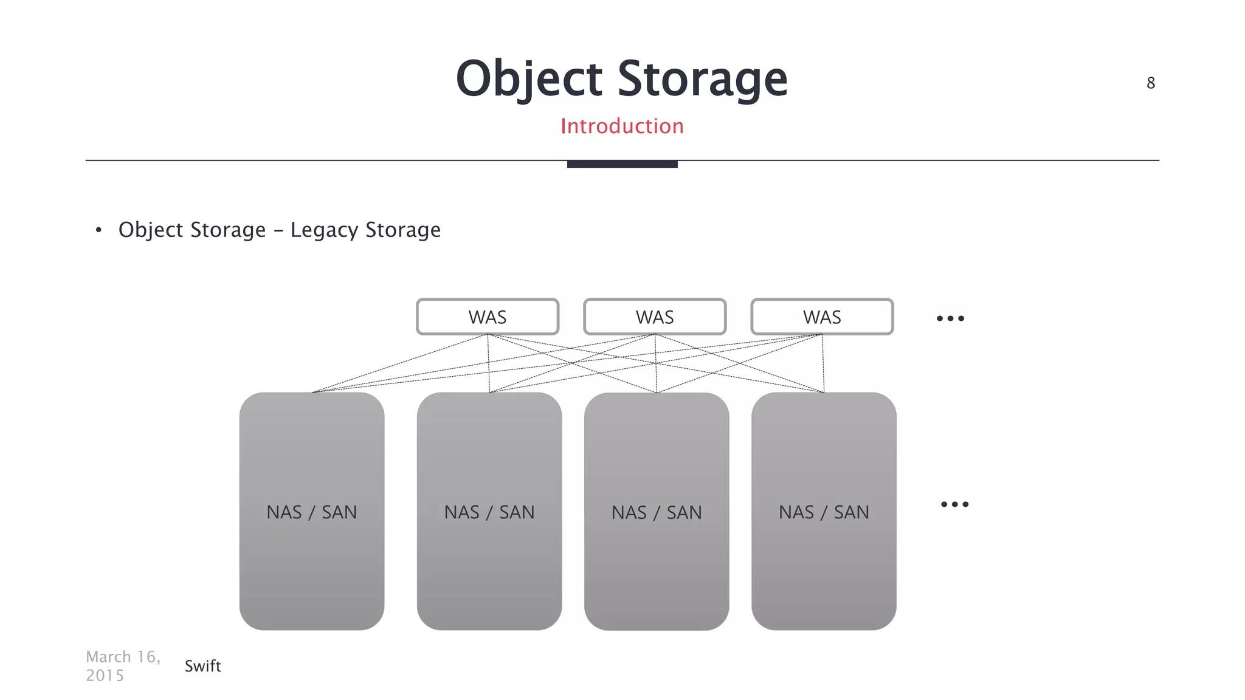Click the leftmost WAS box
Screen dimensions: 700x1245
coord(487,317)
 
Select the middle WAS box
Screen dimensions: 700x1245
coord(655,317)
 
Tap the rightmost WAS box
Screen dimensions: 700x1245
coord(822,317)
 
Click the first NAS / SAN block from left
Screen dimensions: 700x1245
coord(312,511)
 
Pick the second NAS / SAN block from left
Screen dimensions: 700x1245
coord(489,511)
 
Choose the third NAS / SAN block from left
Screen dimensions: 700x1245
coord(657,511)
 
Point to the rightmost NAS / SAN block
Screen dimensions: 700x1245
coord(824,511)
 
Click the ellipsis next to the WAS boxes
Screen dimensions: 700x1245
coord(950,318)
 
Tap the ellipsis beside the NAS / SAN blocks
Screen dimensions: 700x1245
coord(954,504)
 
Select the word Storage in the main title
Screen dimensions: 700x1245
coord(703,79)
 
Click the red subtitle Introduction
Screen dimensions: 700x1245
coord(622,126)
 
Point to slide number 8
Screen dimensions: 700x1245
coord(1151,83)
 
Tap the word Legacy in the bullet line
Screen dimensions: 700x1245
coord(324,230)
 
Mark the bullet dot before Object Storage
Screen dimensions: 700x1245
coord(98,230)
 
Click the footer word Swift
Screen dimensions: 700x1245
coord(202,666)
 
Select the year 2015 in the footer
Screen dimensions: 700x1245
coord(105,676)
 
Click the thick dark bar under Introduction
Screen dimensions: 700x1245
coord(622,164)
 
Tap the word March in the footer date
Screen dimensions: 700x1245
coord(109,657)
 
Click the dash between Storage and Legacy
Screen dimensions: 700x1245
coord(278,231)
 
